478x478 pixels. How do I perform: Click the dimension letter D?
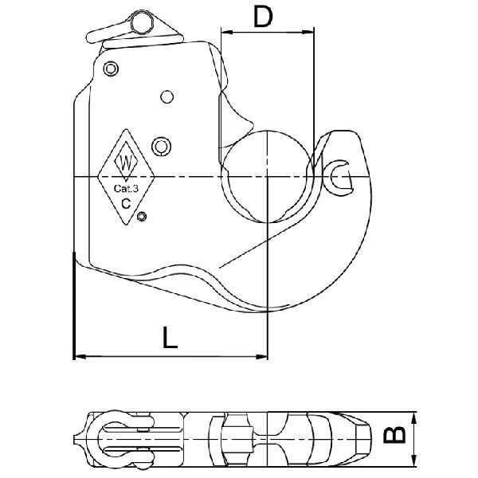[263, 17]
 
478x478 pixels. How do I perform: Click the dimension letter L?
[170, 338]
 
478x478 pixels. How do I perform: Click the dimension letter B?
[394, 434]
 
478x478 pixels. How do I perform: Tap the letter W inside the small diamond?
[126, 163]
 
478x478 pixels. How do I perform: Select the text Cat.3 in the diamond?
[126, 188]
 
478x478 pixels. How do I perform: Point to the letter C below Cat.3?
[126, 203]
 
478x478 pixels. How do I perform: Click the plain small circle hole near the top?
[167, 97]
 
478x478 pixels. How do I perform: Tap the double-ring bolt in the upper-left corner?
[111, 69]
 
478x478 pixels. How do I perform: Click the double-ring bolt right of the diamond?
[161, 147]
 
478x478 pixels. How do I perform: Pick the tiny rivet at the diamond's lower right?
[142, 217]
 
